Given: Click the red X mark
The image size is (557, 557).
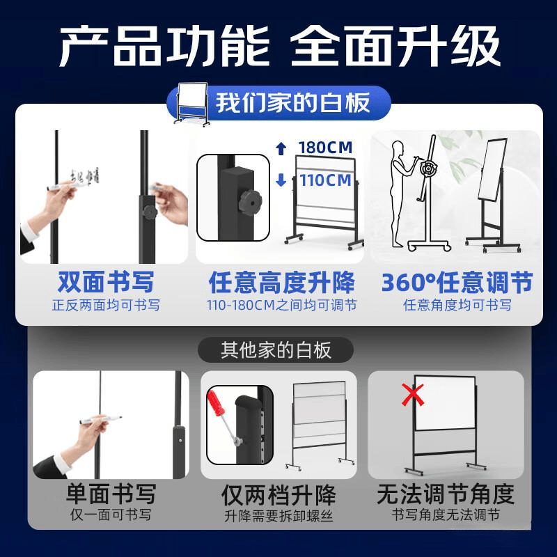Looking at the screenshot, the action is coord(412,394).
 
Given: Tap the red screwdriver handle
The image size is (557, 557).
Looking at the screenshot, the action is coord(215,403).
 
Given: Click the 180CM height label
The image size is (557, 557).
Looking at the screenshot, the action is coord(325,148).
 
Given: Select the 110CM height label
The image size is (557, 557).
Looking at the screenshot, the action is coord(325,180).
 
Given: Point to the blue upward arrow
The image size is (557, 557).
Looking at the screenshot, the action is coord(281,148).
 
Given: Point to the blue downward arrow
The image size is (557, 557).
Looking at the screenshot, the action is coord(281,180).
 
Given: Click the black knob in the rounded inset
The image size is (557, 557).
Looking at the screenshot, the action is coord(250,202).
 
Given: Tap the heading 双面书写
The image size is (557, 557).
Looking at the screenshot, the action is coord(106,282).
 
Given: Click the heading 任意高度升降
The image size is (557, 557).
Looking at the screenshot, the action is coord(282,283).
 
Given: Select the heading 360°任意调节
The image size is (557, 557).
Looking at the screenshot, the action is coord(457,283).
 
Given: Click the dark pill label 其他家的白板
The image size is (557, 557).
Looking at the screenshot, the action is coord(276,350).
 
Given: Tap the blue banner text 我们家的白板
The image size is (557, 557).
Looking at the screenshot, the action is coord(292,102).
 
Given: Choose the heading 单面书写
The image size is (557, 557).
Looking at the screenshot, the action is coord(111,494).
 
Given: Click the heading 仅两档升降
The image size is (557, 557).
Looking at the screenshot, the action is coord(278,495).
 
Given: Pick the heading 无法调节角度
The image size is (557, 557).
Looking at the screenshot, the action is coord(446,494).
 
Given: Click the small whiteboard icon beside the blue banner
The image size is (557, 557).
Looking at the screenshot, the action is coord(192,104).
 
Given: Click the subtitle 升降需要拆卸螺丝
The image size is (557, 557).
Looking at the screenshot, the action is coord(278,516).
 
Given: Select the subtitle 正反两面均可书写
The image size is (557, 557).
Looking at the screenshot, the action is coord(106,305).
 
